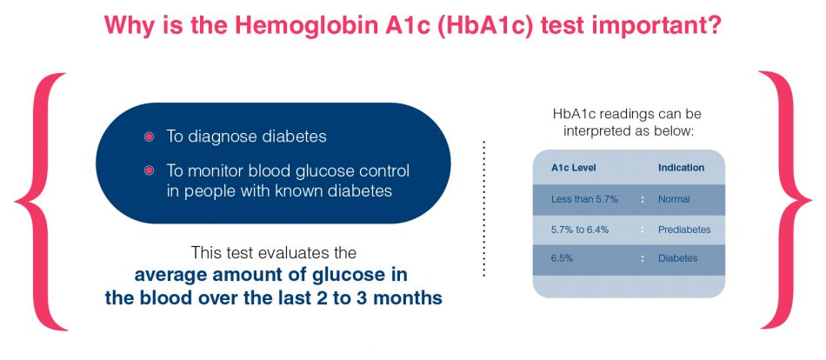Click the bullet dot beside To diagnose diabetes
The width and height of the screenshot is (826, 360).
click(149, 137)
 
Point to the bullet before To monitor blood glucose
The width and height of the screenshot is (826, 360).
click(149, 170)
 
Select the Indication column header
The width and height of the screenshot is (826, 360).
click(681, 168)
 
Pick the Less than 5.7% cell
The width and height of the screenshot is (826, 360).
click(584, 199)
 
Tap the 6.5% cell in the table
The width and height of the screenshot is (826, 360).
click(563, 259)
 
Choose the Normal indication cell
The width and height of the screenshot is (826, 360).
click(674, 199)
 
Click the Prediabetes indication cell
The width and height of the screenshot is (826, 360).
click(684, 230)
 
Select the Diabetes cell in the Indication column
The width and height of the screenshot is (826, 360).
click(677, 259)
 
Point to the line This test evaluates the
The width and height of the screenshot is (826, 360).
click(273, 253)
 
